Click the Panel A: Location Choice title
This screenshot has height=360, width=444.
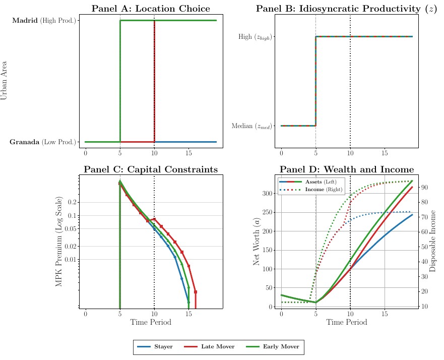point(151,9)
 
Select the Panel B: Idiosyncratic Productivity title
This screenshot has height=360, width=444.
point(346,9)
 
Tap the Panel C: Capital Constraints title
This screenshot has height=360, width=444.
point(151,169)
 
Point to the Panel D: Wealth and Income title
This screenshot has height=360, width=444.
point(347,169)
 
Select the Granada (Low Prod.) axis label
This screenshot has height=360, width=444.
point(43,142)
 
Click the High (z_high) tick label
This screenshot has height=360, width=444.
point(255,37)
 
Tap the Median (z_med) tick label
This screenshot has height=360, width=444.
point(251,126)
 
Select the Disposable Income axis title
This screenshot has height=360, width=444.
point(433,242)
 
